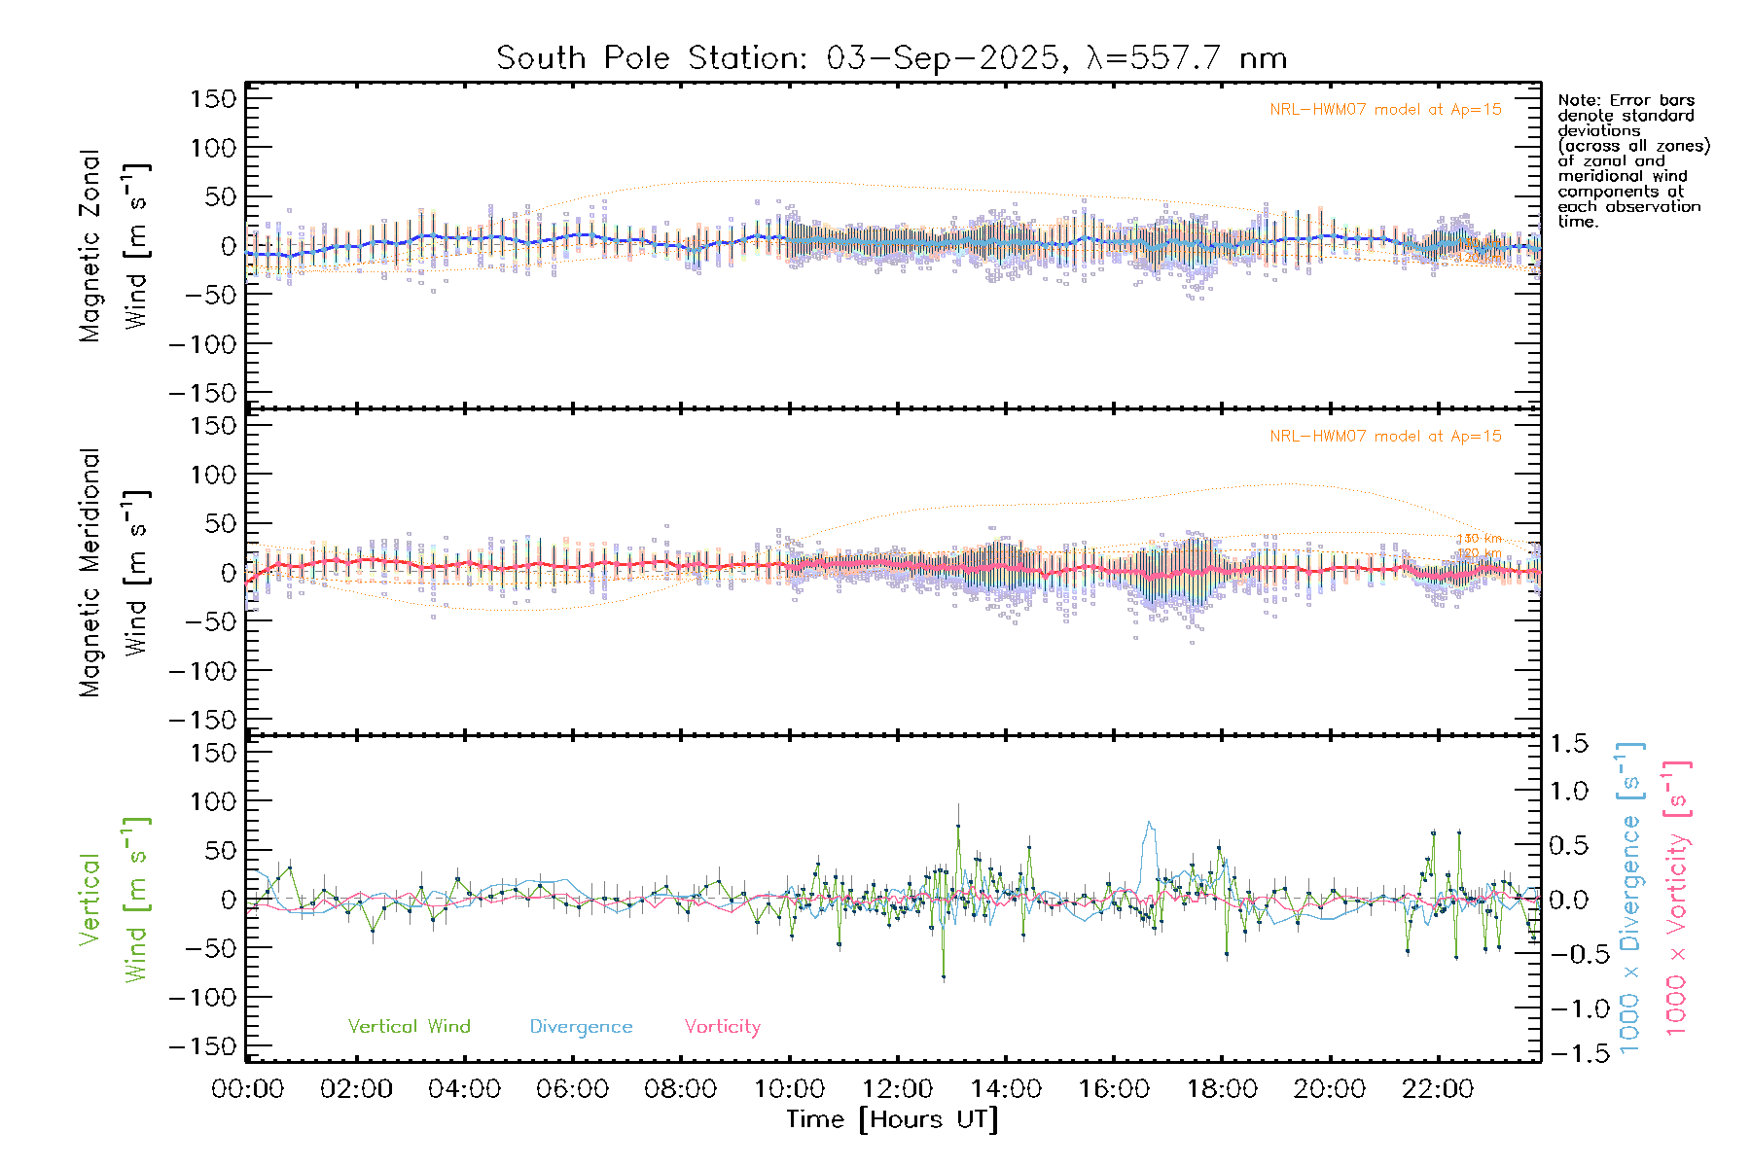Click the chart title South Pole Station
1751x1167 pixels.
[891, 58]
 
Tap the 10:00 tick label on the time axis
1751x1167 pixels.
[789, 1089]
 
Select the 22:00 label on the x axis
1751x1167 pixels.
[1438, 1089]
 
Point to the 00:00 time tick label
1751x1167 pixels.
[248, 1089]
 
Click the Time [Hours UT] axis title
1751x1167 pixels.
[892, 1119]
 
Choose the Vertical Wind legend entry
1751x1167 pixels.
[409, 1027]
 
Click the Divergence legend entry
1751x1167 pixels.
[581, 1027]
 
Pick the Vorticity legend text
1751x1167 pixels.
[722, 1027]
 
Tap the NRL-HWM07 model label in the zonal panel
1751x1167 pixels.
[1385, 110]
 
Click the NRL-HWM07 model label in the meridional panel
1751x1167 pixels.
[1385, 437]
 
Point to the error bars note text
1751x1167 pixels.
[1632, 160]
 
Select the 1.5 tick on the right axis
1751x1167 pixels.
[1568, 744]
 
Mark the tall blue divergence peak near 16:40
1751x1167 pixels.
[1149, 824]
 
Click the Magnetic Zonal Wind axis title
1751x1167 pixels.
[114, 246]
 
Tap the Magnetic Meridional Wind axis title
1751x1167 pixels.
[114, 573]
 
